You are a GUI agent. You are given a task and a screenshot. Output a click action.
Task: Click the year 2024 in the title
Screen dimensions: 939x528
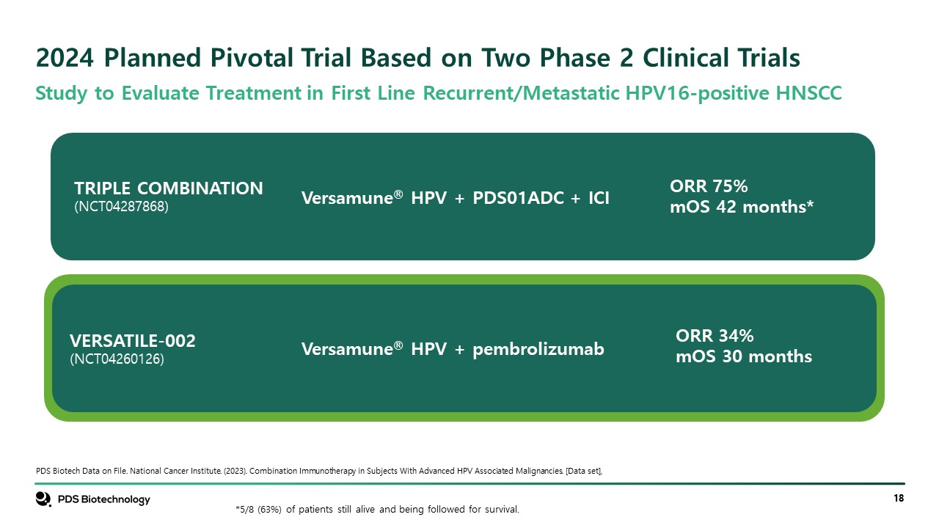pyautogui.click(x=65, y=57)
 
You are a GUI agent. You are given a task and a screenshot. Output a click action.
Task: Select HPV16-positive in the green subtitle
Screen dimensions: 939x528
pyautogui.click(x=697, y=93)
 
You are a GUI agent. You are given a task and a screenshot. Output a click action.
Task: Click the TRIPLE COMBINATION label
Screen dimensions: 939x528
pyautogui.click(x=169, y=188)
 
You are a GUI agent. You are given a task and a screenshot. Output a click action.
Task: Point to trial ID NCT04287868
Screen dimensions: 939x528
pyautogui.click(x=121, y=207)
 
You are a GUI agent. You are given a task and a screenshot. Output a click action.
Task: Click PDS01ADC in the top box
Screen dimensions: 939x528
pyautogui.click(x=518, y=198)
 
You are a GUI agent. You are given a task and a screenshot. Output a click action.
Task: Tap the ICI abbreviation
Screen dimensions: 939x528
pyautogui.click(x=599, y=198)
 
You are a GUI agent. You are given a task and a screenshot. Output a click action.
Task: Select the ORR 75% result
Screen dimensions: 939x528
pyautogui.click(x=709, y=186)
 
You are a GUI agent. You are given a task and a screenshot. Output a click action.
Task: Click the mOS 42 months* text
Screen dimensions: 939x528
pyautogui.click(x=742, y=207)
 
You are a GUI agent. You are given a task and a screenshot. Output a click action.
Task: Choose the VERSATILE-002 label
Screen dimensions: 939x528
pyautogui.click(x=133, y=341)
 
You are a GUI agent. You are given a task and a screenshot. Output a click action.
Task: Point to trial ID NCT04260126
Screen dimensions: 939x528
pyautogui.click(x=117, y=359)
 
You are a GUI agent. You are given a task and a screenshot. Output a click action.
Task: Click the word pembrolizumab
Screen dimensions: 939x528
pyautogui.click(x=538, y=349)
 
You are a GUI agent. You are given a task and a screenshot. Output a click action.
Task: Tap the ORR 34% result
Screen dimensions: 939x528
pyautogui.click(x=715, y=336)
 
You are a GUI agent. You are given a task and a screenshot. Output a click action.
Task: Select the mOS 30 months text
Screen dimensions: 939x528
pyautogui.click(x=744, y=356)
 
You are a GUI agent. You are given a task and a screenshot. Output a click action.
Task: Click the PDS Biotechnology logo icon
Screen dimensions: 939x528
pyautogui.click(x=43, y=499)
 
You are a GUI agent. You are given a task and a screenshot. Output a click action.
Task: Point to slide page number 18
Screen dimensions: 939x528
pyautogui.click(x=899, y=498)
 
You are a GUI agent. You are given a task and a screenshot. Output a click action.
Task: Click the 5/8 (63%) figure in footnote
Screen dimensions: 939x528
pyautogui.click(x=258, y=509)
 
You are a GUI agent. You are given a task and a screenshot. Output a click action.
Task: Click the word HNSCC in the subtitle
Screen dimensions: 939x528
pyautogui.click(x=808, y=93)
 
